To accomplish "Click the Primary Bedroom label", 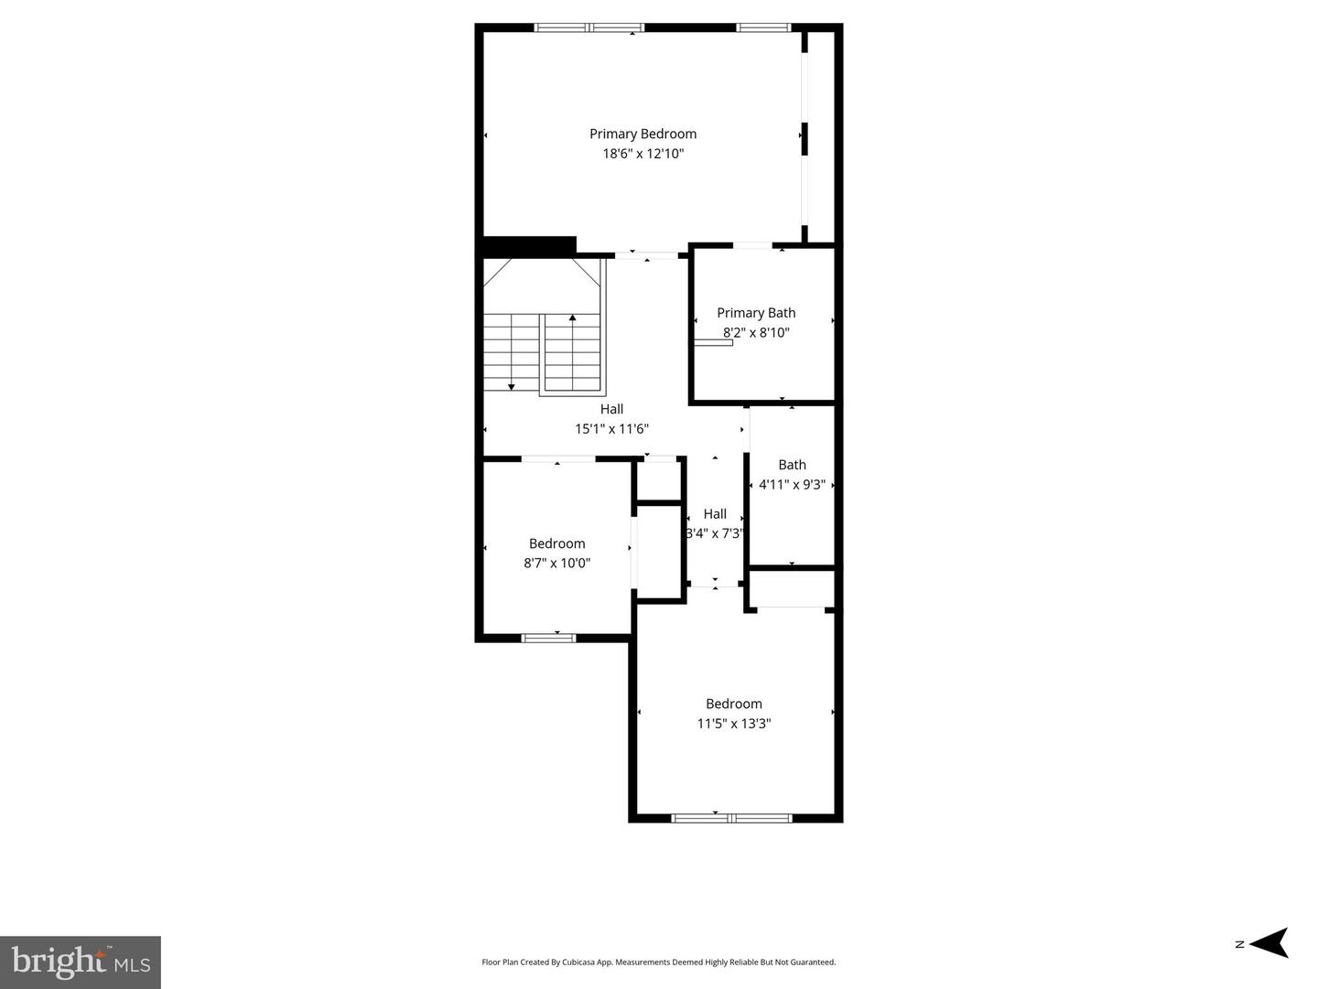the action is point(643,134).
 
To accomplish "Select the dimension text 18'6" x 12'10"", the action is point(643,154).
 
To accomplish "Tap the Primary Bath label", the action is point(756,313).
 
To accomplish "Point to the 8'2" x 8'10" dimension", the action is point(756,332).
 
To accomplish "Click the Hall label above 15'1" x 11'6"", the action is point(612,409).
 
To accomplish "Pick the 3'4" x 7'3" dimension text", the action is point(715,532).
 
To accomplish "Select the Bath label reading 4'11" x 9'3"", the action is point(792,465).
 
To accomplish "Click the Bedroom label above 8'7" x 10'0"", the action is point(556,543).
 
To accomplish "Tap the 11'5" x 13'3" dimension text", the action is point(734,723).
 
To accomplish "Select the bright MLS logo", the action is point(81,962).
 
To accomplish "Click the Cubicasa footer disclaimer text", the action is point(659,962).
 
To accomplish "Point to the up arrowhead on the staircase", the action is point(573,317).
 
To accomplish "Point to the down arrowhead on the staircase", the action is point(511,387).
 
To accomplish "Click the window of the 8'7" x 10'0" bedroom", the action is point(548,638).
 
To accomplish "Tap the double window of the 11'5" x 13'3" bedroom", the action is point(731,818).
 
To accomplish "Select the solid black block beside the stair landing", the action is point(529,245).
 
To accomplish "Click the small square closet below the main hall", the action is point(658,479).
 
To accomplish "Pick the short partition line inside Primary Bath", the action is point(713,343).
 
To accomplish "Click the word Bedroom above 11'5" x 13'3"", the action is point(734,704).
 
